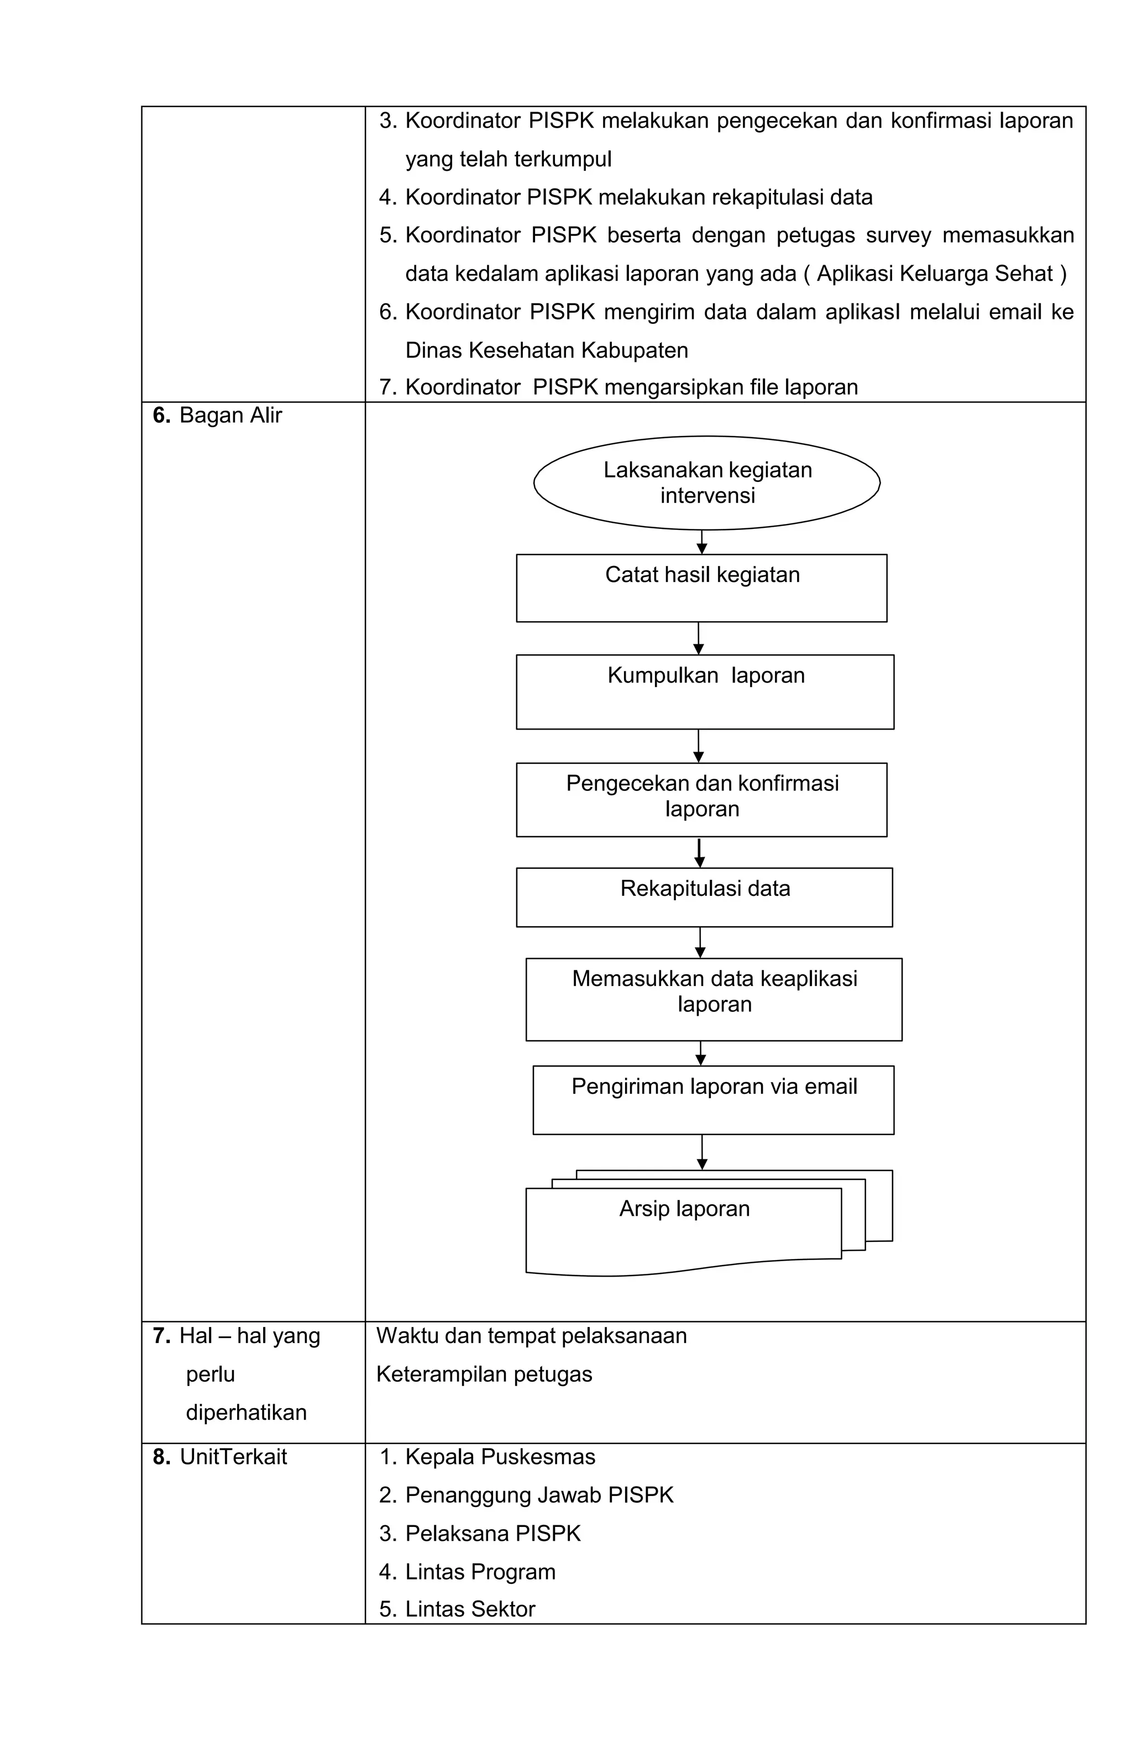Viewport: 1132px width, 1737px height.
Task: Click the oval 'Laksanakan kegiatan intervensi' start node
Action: pos(706,482)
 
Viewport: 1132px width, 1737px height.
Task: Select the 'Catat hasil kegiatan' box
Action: pos(701,587)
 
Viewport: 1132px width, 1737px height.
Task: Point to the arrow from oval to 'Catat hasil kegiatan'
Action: pos(701,542)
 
